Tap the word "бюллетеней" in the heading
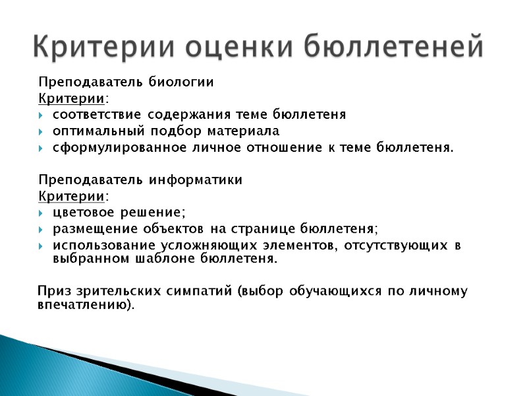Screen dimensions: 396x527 pyautogui.click(x=394, y=47)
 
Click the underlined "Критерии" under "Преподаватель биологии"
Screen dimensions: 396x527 pyautogui.click(x=70, y=99)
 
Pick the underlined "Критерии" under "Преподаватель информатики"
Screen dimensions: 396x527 pyautogui.click(x=70, y=196)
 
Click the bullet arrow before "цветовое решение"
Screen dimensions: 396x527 pyautogui.click(x=42, y=213)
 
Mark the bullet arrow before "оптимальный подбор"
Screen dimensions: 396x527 pyautogui.click(x=42, y=131)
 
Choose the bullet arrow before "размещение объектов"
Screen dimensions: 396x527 pyautogui.click(x=42, y=229)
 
